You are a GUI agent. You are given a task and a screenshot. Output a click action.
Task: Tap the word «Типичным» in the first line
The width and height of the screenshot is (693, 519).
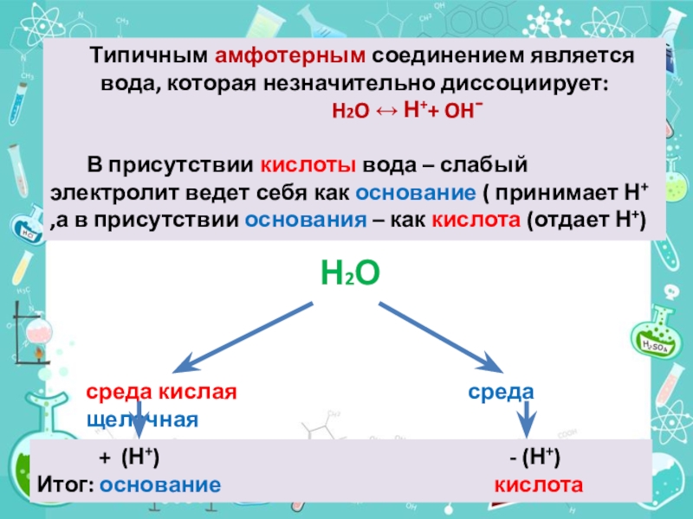148,55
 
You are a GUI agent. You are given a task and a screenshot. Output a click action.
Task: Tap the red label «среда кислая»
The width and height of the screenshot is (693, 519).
161,392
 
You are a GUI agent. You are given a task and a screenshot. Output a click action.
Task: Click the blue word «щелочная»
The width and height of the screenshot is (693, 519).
143,420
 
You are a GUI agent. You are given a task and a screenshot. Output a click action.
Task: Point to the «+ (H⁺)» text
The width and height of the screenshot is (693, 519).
129,458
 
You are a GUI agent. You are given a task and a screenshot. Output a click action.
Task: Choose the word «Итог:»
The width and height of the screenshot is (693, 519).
65,484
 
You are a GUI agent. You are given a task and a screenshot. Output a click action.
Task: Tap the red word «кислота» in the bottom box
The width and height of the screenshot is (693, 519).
539,484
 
